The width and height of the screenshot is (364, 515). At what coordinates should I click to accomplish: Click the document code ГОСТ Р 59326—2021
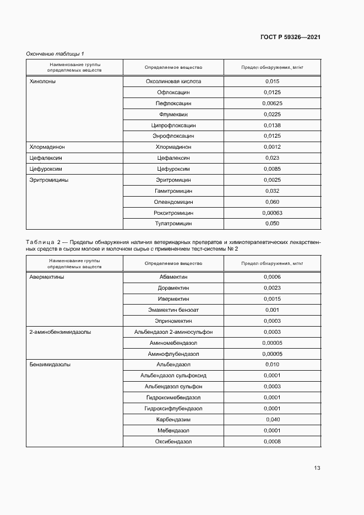pos(290,37)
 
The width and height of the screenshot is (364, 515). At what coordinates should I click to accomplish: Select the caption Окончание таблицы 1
pos(55,53)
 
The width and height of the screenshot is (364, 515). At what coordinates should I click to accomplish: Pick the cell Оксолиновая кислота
pos(173,82)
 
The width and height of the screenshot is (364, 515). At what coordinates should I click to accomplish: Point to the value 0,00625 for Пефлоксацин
pos(273,103)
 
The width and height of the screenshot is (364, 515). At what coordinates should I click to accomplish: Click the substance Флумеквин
pos(173,114)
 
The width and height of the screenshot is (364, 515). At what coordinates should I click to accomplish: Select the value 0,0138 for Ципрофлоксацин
pos(273,125)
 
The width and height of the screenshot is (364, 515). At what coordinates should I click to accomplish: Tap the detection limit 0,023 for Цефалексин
pos(273,158)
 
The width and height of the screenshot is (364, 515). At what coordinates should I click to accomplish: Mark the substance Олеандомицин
pos(173,202)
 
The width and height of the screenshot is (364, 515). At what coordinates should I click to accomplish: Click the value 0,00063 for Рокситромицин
pos(273,213)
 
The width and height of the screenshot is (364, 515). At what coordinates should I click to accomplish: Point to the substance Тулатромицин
pos(173,224)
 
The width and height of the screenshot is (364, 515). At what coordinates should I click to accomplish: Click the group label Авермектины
pos(46,277)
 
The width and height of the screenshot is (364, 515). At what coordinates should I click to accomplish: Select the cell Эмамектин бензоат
pos(173,310)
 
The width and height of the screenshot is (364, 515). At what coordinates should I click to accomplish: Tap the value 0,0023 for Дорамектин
pos(273,288)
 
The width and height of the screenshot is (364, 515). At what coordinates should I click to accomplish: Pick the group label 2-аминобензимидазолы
pos(60,332)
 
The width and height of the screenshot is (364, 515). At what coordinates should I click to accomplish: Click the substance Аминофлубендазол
pos(173,354)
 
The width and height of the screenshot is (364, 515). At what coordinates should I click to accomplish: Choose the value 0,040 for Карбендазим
pos(273,419)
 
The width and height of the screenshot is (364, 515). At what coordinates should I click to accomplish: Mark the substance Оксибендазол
pos(173,441)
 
